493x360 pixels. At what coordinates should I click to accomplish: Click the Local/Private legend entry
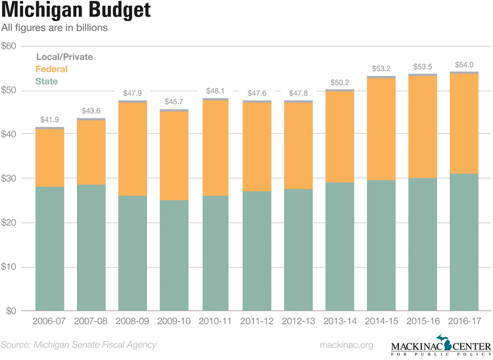64,57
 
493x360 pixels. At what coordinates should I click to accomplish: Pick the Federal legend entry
51,69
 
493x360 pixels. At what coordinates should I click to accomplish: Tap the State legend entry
46,81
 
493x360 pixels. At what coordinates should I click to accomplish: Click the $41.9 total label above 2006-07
49,120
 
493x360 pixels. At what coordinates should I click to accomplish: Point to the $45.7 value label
173,102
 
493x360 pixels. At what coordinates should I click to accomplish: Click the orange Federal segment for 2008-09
132,149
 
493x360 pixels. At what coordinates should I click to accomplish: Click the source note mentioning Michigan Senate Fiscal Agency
79,345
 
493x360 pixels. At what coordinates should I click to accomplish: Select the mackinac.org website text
346,345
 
